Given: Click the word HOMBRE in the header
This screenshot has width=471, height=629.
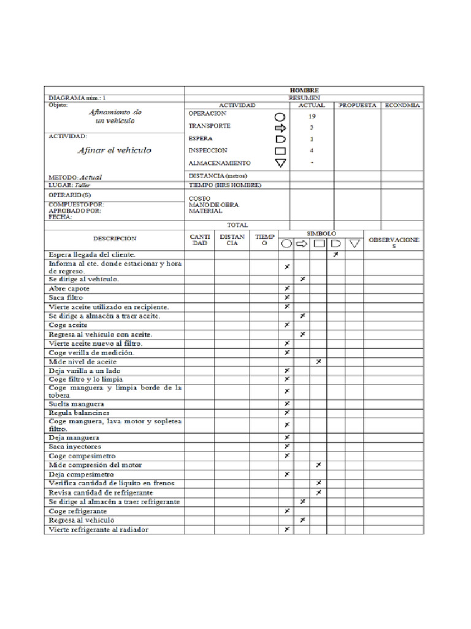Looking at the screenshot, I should pos(304,90).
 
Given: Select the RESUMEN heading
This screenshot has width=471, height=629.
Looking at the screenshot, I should pos(304,97).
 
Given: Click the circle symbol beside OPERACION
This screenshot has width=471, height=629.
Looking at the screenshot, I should pos(280,116).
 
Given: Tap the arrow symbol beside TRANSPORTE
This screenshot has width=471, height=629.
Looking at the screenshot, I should pos(280,128).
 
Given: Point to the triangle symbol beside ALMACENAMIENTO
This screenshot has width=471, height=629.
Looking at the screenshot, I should pos(280,163).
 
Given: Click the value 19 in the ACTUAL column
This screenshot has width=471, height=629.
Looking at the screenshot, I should pos(312,115).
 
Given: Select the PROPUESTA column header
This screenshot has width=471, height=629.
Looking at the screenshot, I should pos(357,105).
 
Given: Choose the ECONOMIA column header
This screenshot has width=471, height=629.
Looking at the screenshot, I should pos(402,105).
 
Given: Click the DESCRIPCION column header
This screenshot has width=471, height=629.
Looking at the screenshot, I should pos(115,238).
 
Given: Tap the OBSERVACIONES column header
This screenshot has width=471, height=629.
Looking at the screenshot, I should pos(394,242).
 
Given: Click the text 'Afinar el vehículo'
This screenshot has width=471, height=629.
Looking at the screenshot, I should pos(114,150).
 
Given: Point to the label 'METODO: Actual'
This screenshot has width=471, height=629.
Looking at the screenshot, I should pos(75,177).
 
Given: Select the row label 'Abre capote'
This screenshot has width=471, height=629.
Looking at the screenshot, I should pos(69,288).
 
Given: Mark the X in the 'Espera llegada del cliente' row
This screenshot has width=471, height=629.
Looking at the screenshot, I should pos(335,254).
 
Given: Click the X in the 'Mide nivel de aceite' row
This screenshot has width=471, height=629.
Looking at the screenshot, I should pos(318,362).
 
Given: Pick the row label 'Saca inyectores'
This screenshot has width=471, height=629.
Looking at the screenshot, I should pos(75,447).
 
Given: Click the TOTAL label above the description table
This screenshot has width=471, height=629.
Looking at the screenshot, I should pos(237,225).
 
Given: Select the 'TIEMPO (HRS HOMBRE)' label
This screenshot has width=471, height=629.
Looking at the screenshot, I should pos(225,185).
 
